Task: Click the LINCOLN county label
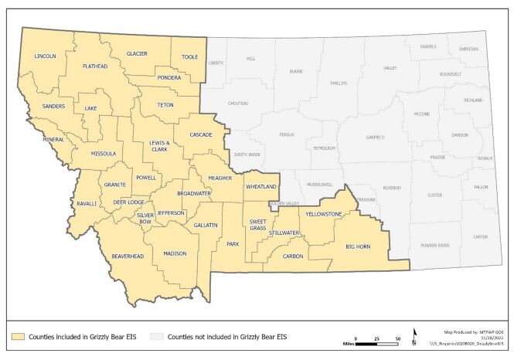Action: point(46,56)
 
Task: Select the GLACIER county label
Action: point(137,53)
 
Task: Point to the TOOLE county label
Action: point(189,56)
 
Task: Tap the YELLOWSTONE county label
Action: point(323,213)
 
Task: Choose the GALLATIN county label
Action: point(206,224)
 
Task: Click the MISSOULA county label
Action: point(103,154)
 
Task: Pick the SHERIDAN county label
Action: point(468,49)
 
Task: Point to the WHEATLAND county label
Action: point(260,187)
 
